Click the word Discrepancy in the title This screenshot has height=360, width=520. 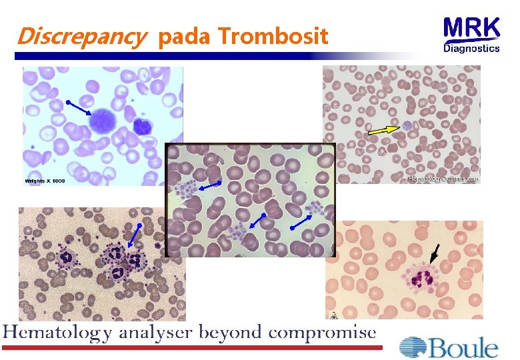(79, 36)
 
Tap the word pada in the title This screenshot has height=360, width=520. (184, 37)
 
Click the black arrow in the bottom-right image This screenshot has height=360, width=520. (435, 253)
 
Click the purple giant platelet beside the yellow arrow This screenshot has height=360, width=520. (407, 125)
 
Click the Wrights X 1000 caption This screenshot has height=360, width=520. (45, 181)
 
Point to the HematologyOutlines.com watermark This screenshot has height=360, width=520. (442, 179)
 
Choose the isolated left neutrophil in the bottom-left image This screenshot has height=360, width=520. (67, 256)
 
